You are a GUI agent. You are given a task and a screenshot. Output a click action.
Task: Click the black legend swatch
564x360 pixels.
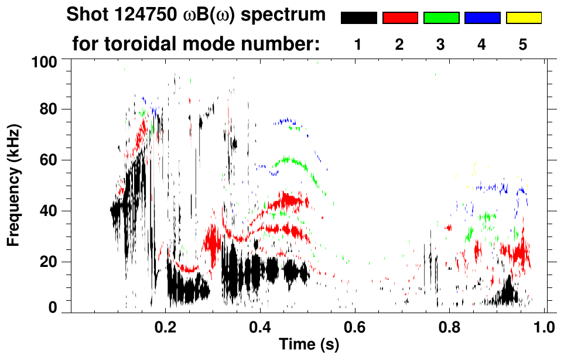358,18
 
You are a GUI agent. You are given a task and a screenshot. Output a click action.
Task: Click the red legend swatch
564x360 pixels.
400,18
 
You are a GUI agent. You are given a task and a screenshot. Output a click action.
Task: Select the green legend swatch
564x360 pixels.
441,18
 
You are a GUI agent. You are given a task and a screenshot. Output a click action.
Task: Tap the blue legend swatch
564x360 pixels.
482,18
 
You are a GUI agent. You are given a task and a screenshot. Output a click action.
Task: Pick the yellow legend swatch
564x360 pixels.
523,18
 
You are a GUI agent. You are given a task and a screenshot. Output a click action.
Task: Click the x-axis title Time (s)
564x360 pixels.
308,345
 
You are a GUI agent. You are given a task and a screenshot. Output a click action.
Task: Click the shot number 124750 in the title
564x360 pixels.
148,15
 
